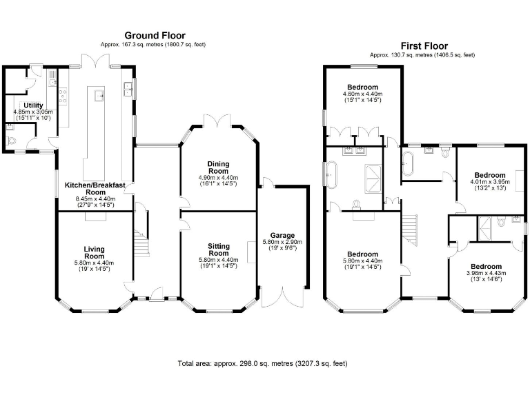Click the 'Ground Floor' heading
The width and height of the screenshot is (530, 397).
click(x=155, y=35)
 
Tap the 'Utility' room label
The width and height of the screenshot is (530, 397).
click(x=33, y=105)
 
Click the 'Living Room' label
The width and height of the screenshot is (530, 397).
click(x=94, y=253)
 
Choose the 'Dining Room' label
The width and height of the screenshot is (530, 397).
click(x=218, y=167)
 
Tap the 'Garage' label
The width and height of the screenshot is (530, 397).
click(x=282, y=235)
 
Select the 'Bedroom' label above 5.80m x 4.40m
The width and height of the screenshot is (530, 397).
click(x=363, y=254)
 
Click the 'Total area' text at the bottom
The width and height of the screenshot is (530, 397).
click(x=262, y=363)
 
